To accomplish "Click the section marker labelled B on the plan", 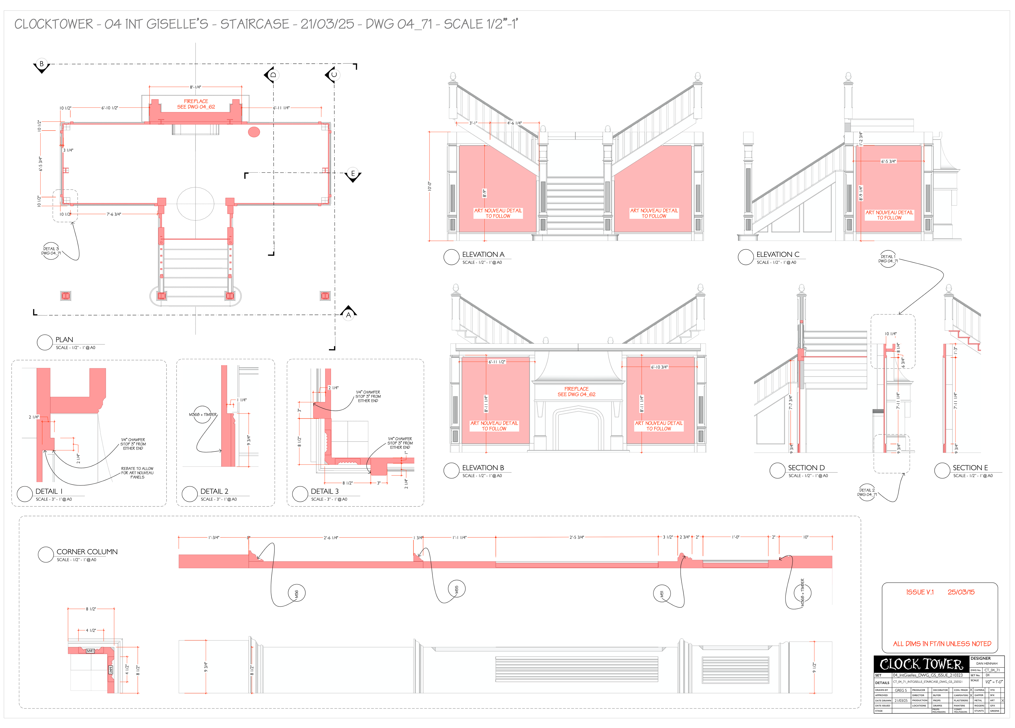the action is (41, 64).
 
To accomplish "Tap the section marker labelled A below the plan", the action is (349, 314).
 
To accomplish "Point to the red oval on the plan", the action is (254, 132).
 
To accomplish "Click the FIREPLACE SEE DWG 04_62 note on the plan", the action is (196, 104).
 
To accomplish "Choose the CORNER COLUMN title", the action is (87, 552).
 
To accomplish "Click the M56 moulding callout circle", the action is (296, 593).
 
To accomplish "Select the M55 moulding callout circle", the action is (456, 589).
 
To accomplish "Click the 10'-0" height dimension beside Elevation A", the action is (430, 186).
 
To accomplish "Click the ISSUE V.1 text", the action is (920, 592).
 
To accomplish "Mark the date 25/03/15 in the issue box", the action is (961, 592).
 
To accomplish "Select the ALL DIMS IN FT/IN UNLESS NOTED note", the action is (942, 644).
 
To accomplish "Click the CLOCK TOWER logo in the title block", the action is (921, 664).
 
